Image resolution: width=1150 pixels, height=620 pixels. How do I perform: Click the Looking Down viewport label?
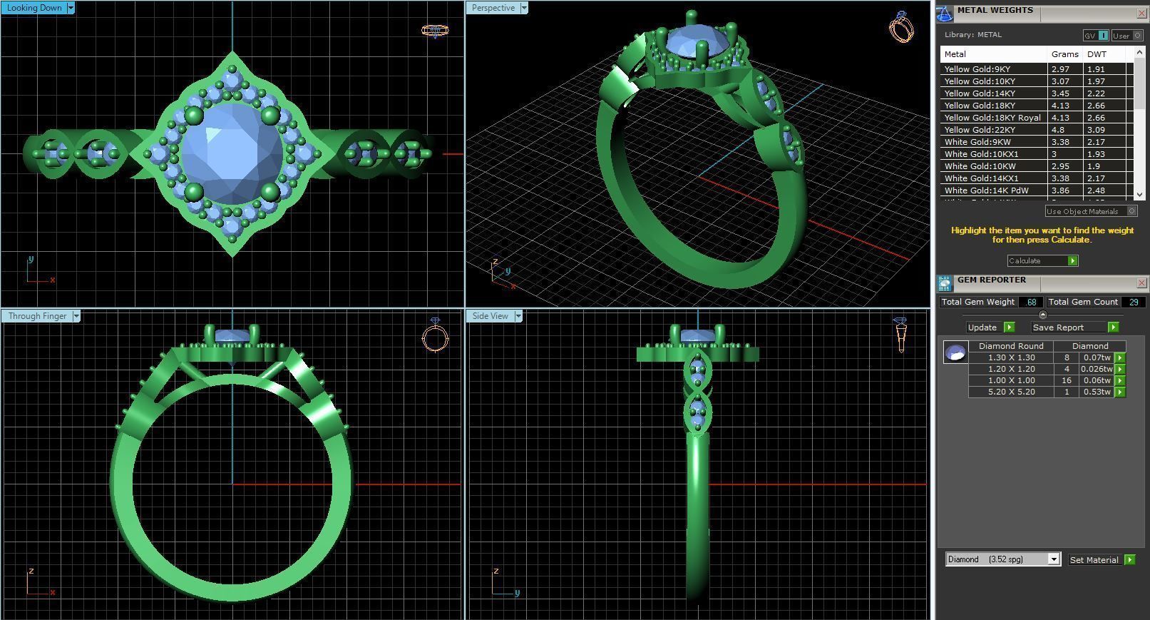(x=34, y=8)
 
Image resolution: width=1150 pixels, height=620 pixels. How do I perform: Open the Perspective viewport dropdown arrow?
(x=524, y=8)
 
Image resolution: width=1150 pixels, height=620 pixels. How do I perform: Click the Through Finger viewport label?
(x=37, y=316)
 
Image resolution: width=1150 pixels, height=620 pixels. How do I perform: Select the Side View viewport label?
(x=490, y=316)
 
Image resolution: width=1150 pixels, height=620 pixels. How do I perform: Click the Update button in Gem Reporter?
(x=982, y=327)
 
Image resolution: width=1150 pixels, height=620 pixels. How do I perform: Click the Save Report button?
(x=1058, y=327)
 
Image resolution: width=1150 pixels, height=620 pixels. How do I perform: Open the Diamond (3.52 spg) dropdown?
(x=1054, y=559)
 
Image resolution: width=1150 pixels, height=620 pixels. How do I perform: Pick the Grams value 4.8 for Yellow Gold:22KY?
(x=1057, y=130)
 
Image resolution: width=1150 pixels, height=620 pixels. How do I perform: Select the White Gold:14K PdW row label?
(x=986, y=190)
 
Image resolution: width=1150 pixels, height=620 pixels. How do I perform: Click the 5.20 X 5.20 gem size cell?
(x=1011, y=392)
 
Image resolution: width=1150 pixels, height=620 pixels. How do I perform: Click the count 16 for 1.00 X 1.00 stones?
(x=1067, y=380)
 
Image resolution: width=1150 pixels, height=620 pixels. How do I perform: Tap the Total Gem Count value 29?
(x=1133, y=303)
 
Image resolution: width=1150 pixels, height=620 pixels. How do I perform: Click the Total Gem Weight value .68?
(x=1031, y=303)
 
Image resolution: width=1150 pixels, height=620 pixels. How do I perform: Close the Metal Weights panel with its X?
(x=1141, y=13)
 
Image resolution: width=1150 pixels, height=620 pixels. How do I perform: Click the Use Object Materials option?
(x=1082, y=211)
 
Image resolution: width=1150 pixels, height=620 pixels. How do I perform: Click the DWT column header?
(x=1097, y=54)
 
